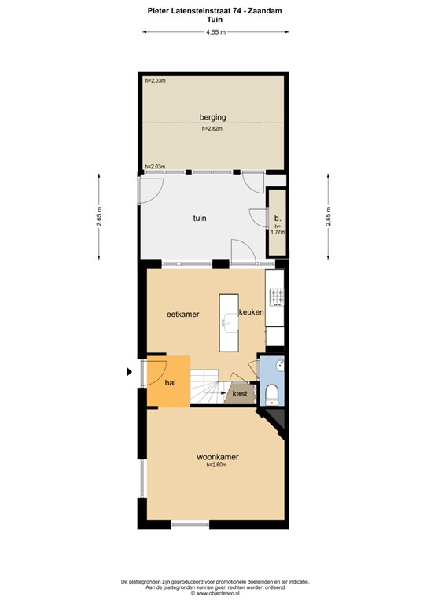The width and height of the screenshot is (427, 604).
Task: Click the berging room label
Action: point(212,117)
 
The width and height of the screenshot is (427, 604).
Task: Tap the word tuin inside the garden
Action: point(200,218)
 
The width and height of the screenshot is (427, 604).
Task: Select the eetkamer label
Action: point(183,315)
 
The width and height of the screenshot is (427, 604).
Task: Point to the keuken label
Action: point(252,312)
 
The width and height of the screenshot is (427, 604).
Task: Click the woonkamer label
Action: point(218,457)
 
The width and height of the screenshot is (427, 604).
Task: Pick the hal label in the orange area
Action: point(170,383)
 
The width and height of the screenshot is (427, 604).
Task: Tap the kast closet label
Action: point(240,394)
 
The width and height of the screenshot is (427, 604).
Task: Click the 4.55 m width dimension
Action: point(215,32)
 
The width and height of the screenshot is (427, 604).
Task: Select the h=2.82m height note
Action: point(212,129)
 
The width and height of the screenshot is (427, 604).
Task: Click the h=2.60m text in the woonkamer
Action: point(216,465)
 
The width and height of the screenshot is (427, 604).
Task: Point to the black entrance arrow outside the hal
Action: point(130,372)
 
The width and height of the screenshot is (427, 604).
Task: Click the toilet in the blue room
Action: point(272,394)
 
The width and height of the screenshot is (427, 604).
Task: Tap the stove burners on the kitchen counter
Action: point(277,297)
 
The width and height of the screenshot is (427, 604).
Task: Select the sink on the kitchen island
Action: point(230,322)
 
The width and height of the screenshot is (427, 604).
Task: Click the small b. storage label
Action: point(278,218)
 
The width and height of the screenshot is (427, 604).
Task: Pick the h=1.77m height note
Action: point(278,230)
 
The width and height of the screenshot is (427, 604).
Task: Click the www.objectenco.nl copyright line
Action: point(215,594)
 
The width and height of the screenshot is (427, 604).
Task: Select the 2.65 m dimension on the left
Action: point(100,216)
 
